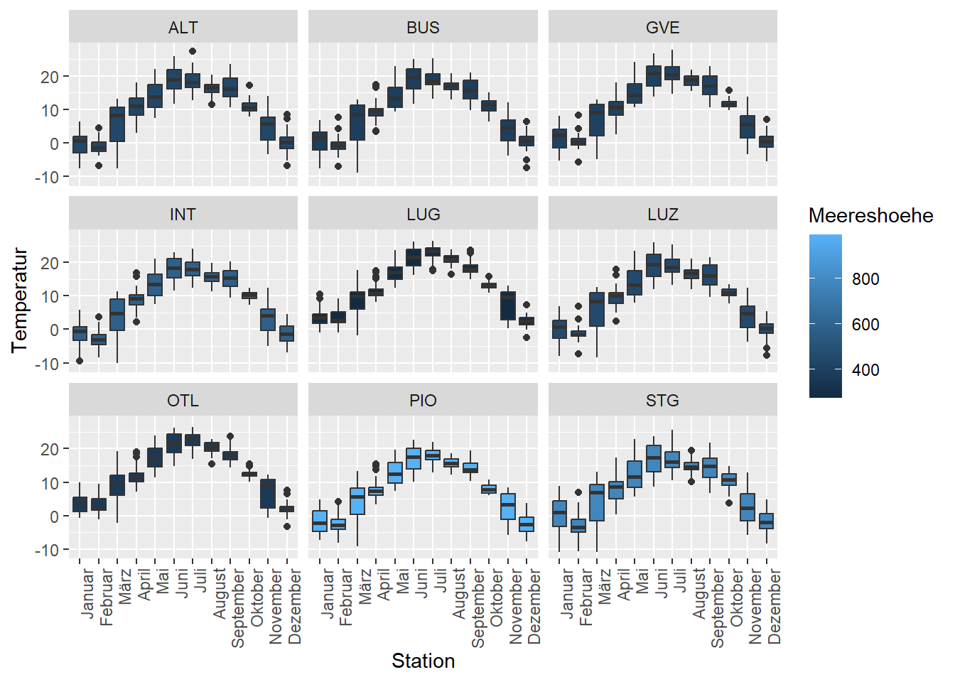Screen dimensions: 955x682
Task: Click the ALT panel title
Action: pos(183,28)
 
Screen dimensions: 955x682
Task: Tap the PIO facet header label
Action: pos(423,400)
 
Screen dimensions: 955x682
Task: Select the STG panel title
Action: pos(662,400)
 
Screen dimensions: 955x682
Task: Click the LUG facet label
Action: pos(423,214)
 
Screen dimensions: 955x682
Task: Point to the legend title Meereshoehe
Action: pos(870,216)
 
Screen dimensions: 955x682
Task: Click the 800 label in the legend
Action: pos(865,279)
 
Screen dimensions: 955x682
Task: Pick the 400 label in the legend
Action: pos(865,370)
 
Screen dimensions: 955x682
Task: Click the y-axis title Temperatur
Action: pos(19,300)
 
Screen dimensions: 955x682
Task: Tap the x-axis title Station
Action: pos(423,661)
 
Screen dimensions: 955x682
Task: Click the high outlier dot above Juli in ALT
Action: pos(193,51)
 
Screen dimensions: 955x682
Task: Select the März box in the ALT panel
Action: pos(117,124)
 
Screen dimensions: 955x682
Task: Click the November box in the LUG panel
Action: pos(508,305)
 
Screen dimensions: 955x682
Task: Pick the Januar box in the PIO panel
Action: pos(319,521)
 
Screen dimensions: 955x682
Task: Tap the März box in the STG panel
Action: pos(597,502)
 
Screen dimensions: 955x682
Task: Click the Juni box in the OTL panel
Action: pos(174,443)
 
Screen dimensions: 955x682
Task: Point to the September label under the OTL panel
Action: pos(237,608)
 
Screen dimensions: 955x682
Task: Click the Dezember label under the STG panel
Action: pos(774,606)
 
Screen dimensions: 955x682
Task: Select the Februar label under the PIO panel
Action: pos(346,597)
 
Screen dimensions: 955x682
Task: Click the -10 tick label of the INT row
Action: pos(47,364)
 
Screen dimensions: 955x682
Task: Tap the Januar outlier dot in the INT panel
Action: pos(80,361)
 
